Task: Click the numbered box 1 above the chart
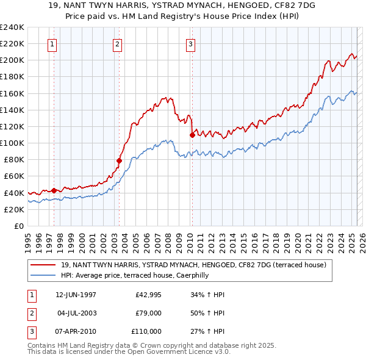pos(53,44)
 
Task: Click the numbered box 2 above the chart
pos(117,44)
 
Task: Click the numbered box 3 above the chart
pos(190,44)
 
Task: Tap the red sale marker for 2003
pos(119,160)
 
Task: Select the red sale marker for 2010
pos(192,135)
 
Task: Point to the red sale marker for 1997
pos(54,190)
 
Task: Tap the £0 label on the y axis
pos(18,226)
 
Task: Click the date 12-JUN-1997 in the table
pos(76,295)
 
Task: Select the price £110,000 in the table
pos(146,331)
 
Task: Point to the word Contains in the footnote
pos(42,346)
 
